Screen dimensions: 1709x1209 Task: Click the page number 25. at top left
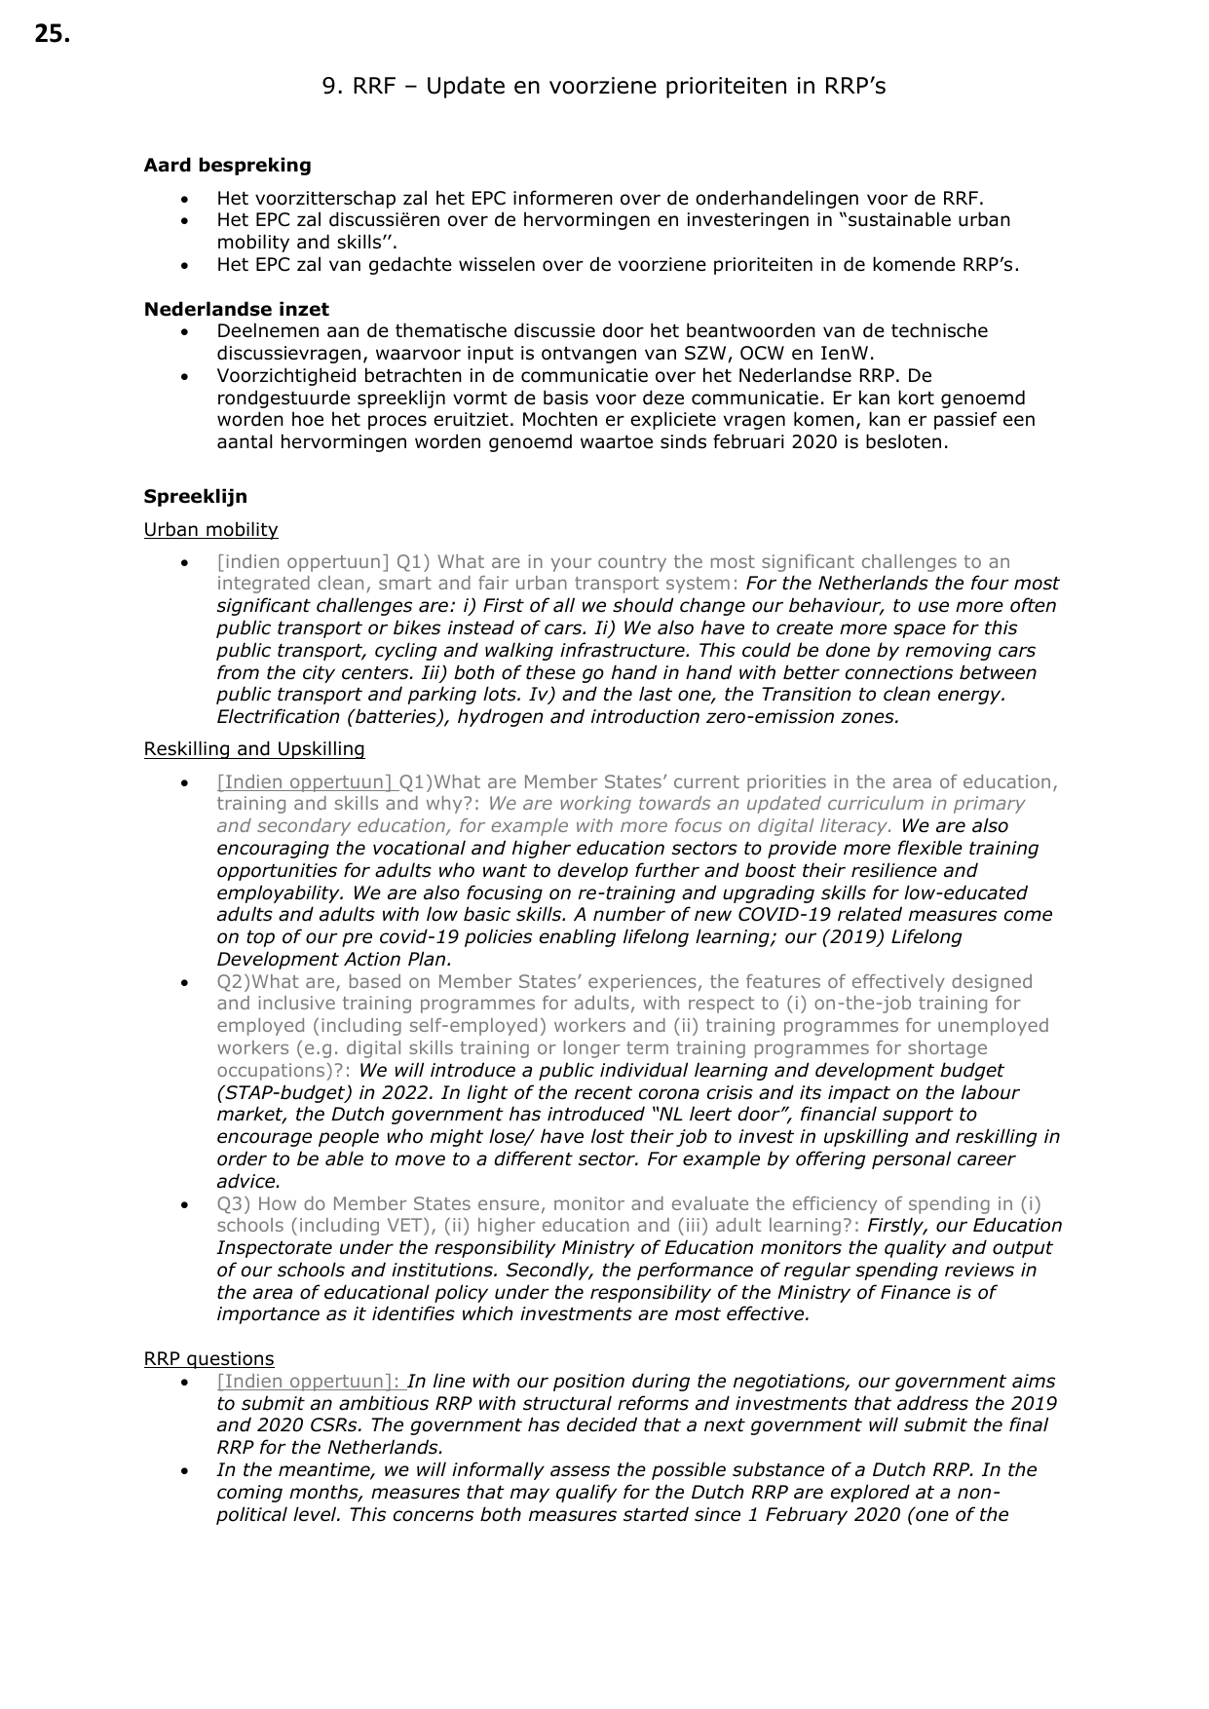point(52,35)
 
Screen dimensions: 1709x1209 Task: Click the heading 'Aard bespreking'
point(227,166)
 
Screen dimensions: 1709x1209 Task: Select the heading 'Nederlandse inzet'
point(236,309)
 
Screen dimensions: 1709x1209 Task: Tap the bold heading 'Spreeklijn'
point(195,497)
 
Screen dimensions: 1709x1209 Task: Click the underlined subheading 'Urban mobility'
point(210,530)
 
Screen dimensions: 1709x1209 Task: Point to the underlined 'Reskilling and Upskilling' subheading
point(254,749)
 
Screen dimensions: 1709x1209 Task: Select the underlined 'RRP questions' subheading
point(208,1359)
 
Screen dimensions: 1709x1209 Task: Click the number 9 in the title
point(330,87)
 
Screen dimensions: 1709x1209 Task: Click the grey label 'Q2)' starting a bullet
point(234,982)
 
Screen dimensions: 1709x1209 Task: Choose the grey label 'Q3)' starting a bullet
point(234,1204)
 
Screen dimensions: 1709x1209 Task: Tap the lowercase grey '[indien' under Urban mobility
point(246,562)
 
